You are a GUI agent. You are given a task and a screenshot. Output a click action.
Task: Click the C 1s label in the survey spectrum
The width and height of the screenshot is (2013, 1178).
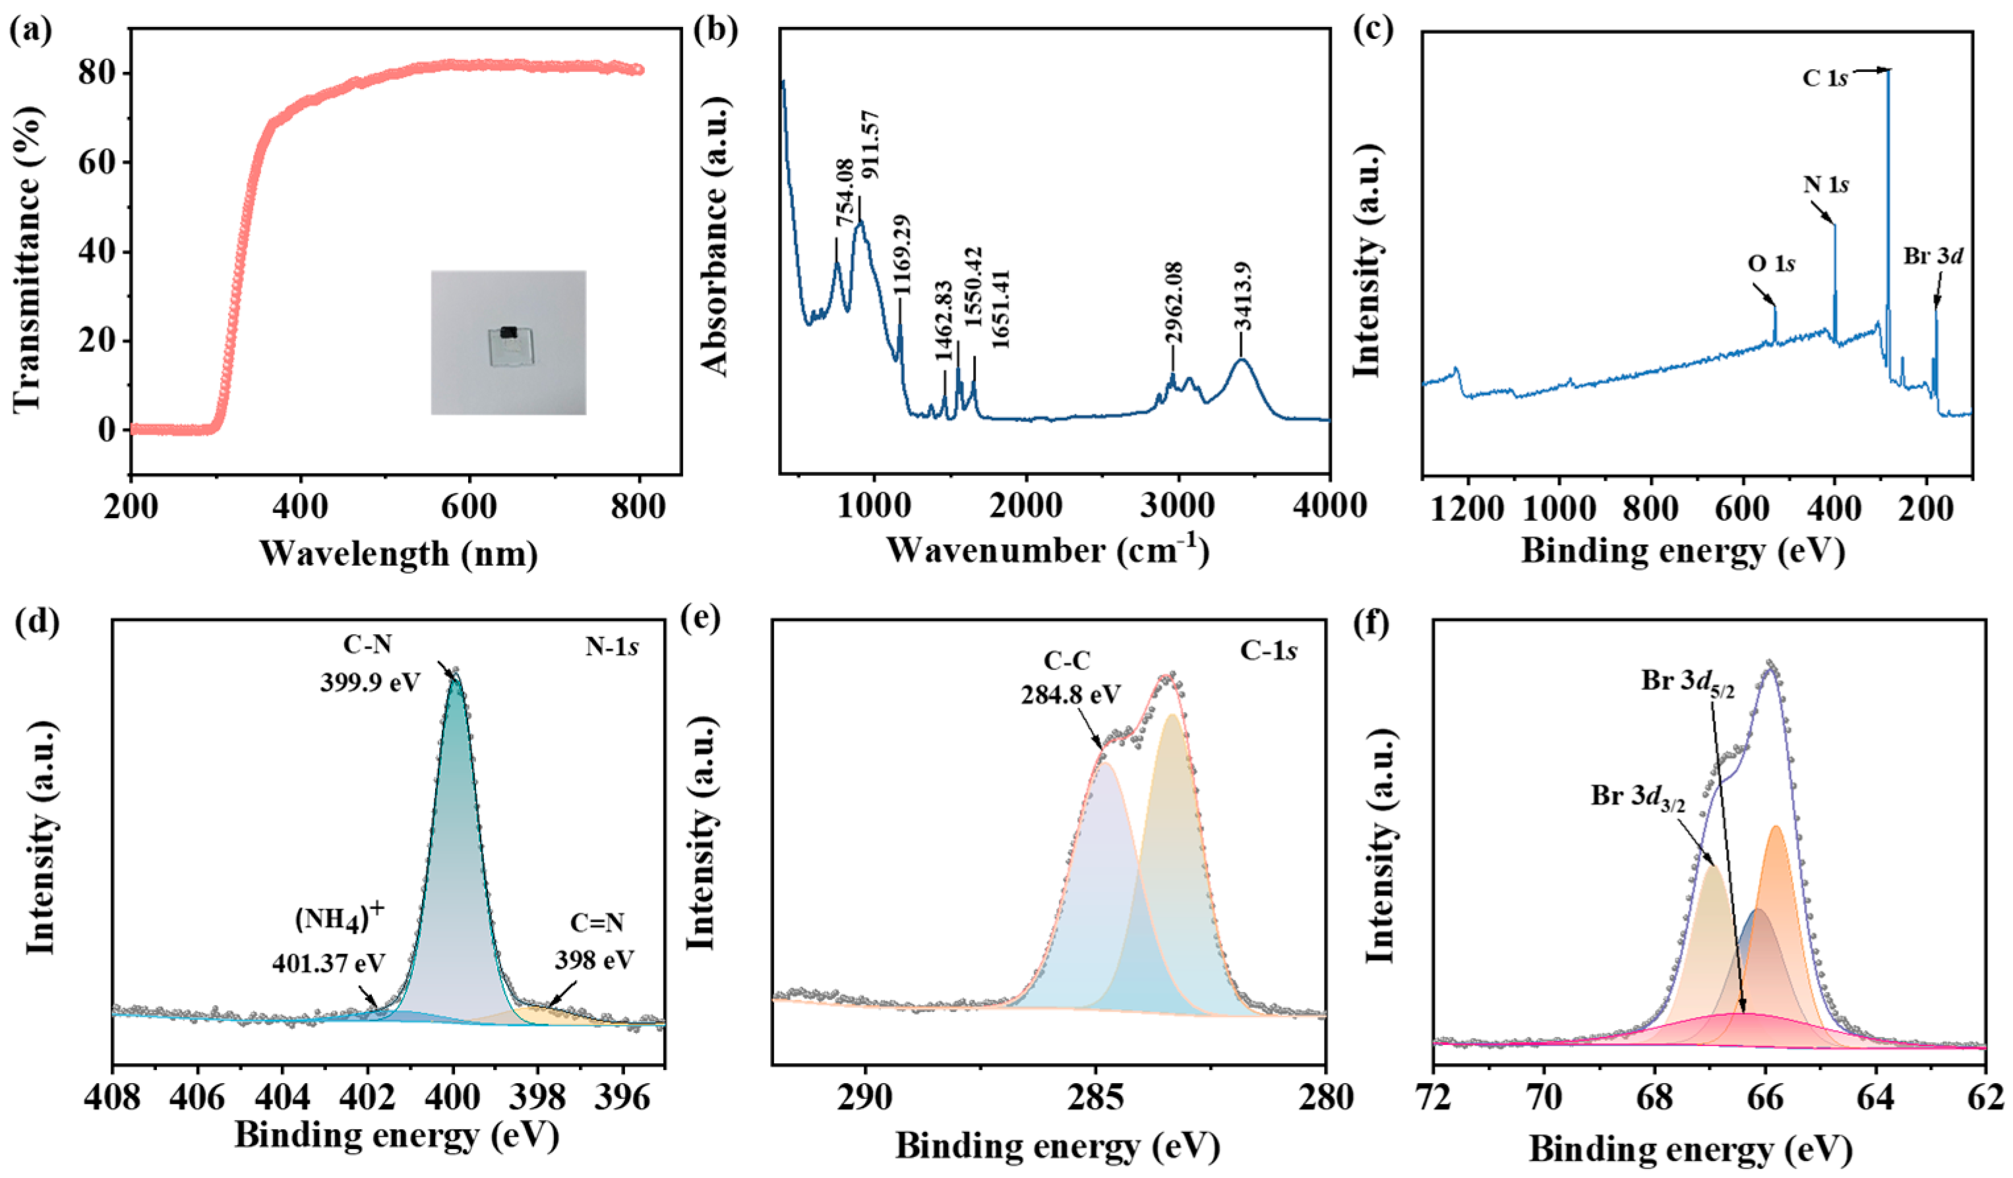pos(1824,100)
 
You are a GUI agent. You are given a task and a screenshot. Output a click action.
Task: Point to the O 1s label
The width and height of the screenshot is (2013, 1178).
pos(1771,263)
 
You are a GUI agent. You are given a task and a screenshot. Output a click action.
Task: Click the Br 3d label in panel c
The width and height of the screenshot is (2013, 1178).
pos(1933,256)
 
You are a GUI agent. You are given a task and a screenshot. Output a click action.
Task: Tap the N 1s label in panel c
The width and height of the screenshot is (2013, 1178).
pos(1825,185)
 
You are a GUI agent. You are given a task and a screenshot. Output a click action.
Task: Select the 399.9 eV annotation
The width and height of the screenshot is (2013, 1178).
pos(370,684)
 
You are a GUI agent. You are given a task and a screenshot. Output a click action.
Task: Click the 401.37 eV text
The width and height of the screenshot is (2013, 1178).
pos(328,963)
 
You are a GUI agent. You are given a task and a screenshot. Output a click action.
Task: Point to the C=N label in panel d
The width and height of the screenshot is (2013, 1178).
pos(597,924)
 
